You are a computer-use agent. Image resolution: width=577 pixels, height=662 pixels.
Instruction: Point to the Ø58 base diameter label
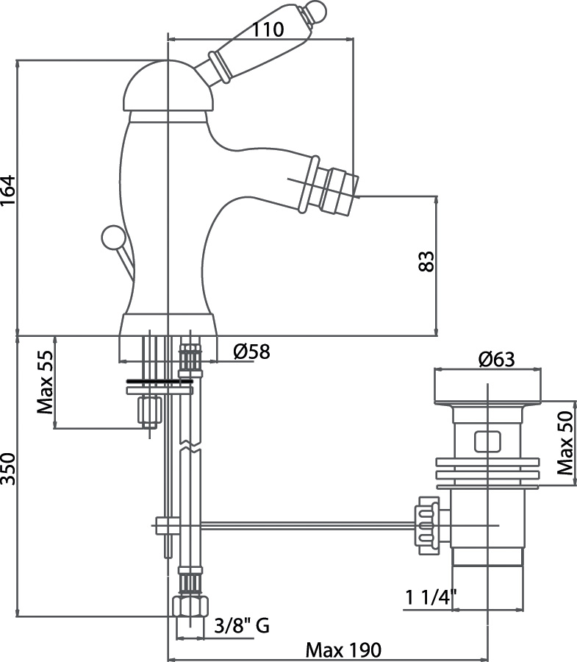[251, 352]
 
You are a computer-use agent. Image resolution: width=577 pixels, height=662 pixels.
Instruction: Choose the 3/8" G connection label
[241, 626]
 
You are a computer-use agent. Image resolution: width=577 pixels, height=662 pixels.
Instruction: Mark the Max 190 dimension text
[344, 650]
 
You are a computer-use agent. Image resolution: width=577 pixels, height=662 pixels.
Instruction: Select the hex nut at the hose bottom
[189, 608]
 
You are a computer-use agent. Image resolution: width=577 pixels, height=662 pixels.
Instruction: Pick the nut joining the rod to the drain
[428, 525]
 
